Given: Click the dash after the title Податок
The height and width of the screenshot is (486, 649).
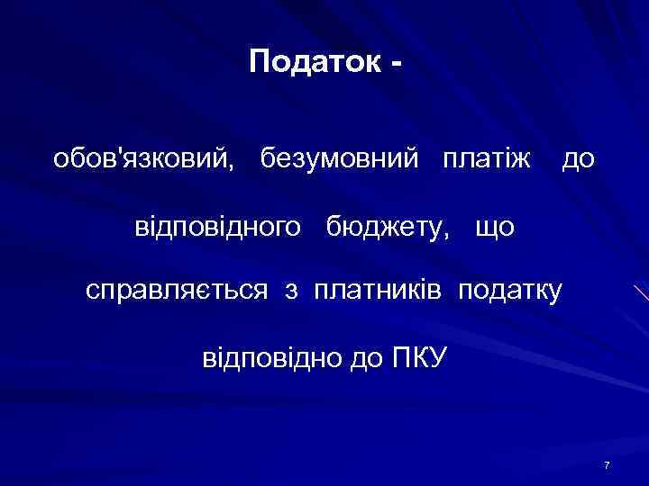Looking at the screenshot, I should tap(395, 65).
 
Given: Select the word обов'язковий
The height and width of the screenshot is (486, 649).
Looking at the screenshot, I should tap(144, 160).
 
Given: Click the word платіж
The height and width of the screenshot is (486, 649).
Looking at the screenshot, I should tap(487, 160).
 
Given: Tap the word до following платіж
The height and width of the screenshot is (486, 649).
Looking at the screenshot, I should tap(578, 160).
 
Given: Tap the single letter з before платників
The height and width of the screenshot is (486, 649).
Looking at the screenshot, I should tap(291, 292).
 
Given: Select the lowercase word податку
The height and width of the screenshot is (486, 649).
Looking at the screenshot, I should tap(511, 291).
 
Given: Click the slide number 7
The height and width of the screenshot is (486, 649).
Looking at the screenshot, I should tap(608, 465).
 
